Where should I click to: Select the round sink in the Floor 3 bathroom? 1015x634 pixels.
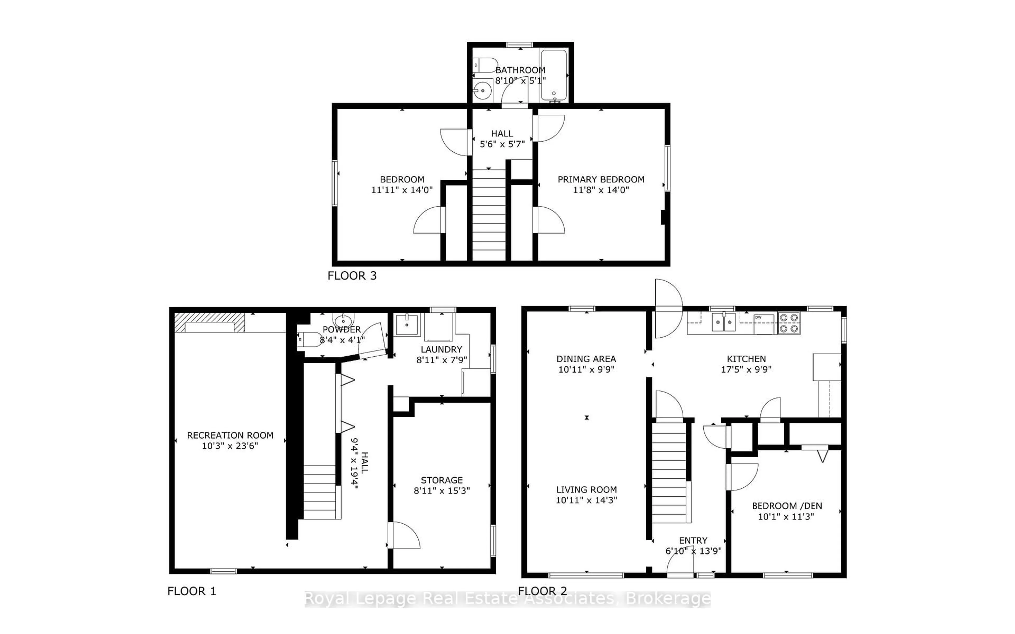point(483,90)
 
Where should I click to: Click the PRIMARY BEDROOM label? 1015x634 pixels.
point(601,179)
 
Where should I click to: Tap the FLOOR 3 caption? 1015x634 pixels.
point(352,276)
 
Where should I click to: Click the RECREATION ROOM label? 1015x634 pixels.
point(230,435)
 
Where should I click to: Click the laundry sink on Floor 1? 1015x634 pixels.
point(407,324)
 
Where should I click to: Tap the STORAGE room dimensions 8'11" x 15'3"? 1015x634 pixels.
point(442,491)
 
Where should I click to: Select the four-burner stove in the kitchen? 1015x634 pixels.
point(789,323)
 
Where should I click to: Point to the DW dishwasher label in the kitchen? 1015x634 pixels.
point(758,318)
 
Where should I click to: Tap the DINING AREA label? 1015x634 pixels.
point(586,359)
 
